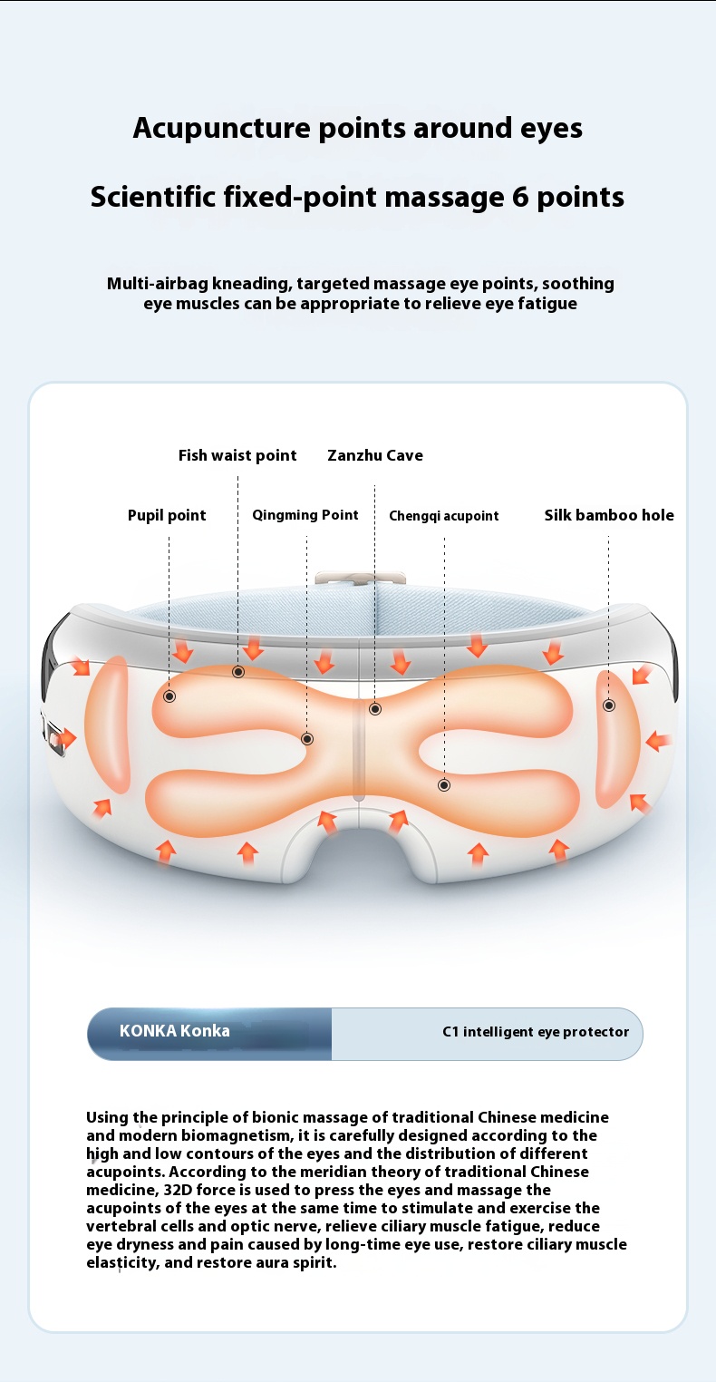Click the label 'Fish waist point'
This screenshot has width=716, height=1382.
point(237,455)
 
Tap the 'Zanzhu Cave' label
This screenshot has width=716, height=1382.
point(375,455)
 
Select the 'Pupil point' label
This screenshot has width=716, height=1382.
point(167,515)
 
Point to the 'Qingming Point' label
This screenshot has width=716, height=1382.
point(305,515)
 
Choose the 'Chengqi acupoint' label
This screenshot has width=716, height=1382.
point(444,516)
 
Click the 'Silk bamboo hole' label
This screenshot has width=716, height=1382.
point(609,515)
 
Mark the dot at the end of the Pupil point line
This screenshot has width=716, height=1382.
point(169,696)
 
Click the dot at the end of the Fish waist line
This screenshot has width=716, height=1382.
point(238,672)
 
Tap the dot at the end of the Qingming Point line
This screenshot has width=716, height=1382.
point(307,739)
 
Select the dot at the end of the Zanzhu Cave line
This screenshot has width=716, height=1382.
point(375,709)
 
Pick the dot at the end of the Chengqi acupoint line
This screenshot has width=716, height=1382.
point(444,784)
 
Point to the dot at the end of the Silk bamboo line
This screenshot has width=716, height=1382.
point(609,706)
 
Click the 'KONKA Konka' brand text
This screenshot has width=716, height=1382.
point(175,1031)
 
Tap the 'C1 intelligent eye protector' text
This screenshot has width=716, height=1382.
point(535,1032)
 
